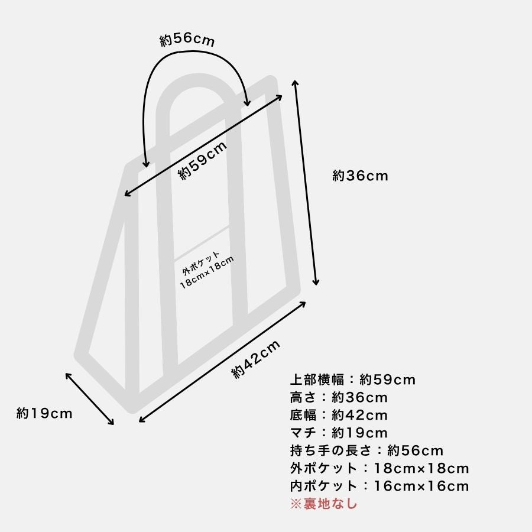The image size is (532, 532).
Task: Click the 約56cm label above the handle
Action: tap(187, 40)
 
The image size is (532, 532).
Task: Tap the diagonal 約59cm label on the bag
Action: tap(203, 160)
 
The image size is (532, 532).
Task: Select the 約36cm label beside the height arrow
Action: tap(360, 176)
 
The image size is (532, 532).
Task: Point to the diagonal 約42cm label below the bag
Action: tap(256, 359)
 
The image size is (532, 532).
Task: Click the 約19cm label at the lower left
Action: tap(44, 413)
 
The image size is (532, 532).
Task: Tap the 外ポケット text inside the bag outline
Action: tap(201, 263)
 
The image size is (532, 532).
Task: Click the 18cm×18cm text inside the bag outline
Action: tap(207, 273)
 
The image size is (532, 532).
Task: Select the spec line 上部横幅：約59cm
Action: tap(352, 379)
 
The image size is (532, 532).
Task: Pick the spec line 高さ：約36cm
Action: tap(339, 397)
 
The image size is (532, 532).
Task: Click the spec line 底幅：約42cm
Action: tap(339, 415)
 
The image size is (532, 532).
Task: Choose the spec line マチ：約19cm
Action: tap(339, 433)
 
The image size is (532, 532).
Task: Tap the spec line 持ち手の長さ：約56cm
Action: tap(366, 450)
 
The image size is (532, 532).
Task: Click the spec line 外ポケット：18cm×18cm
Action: tap(379, 468)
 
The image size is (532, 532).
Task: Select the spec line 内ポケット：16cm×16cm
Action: tap(379, 486)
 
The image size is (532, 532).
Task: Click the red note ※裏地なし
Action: tap(324, 504)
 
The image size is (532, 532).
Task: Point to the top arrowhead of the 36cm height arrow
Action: tap(295, 82)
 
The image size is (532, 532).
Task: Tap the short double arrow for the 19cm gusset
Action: tap(90, 399)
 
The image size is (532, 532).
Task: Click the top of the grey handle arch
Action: tap(197, 80)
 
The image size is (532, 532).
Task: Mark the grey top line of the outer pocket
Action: tap(202, 244)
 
